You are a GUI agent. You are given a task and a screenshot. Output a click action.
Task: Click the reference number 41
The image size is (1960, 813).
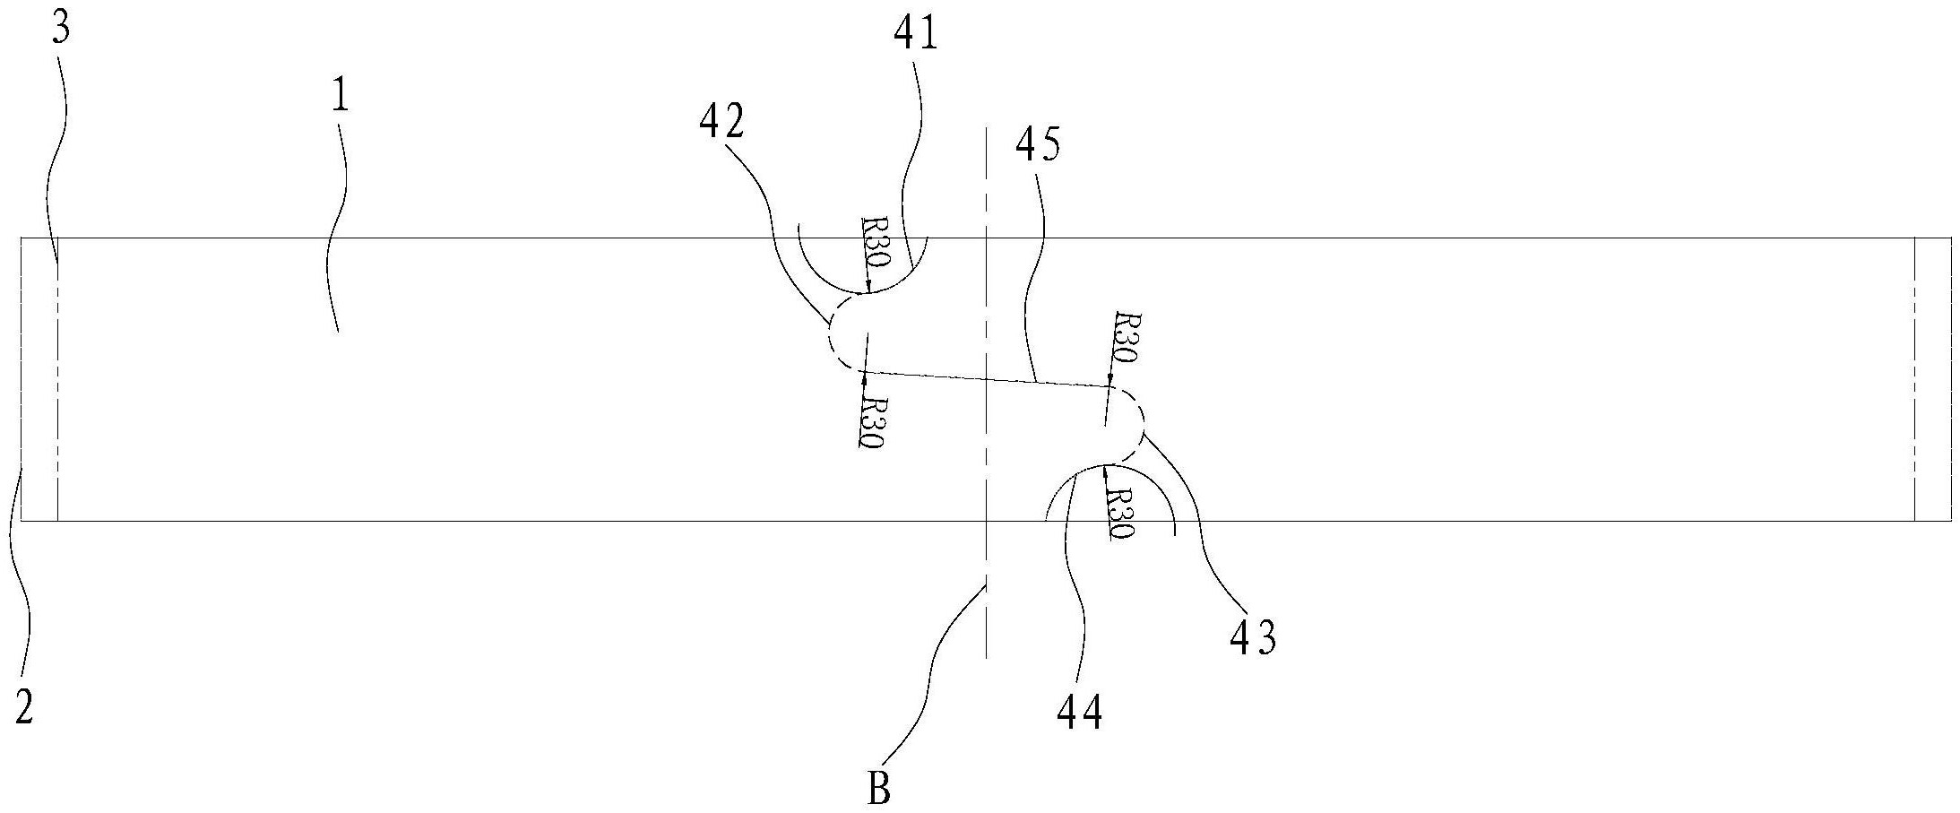coord(915,34)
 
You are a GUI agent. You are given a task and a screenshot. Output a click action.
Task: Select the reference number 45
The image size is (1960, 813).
coord(1038,144)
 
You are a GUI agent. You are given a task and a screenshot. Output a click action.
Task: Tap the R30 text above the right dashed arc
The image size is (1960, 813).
coord(1124,337)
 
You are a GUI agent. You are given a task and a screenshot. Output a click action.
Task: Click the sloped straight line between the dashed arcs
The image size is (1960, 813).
coord(986,379)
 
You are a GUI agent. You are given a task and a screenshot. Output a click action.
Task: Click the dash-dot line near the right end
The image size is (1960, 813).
coord(1914,376)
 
